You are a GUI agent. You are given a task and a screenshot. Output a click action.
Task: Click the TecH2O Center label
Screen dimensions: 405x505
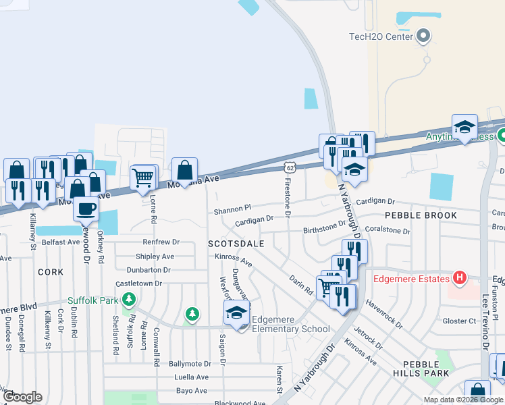(x=379, y=36)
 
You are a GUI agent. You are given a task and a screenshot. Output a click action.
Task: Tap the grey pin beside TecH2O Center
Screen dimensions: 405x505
(x=423, y=35)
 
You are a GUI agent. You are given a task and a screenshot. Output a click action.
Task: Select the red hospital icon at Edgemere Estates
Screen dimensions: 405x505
(x=460, y=277)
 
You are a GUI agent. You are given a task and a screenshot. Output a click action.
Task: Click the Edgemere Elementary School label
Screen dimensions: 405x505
(x=290, y=325)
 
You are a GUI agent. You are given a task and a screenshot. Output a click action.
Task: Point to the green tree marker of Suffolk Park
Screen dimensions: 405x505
(x=192, y=313)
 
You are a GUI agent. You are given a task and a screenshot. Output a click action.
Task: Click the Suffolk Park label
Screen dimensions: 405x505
(x=92, y=300)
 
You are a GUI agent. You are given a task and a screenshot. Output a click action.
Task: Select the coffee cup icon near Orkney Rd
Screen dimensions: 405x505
(x=86, y=209)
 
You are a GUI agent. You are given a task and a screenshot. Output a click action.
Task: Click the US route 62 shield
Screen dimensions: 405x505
(x=290, y=166)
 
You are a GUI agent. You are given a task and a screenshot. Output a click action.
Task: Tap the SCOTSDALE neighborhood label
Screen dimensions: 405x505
(x=234, y=242)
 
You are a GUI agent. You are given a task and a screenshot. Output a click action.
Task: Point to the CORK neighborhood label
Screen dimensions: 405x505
(x=51, y=272)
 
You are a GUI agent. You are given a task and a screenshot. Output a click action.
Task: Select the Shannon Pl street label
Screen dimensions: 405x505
(x=232, y=210)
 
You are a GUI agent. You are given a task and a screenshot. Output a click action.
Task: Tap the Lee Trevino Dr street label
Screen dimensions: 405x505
(x=485, y=324)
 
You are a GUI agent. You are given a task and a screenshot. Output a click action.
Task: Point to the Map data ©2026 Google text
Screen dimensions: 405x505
(x=462, y=400)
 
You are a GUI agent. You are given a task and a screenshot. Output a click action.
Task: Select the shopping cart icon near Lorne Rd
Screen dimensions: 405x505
(x=142, y=178)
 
